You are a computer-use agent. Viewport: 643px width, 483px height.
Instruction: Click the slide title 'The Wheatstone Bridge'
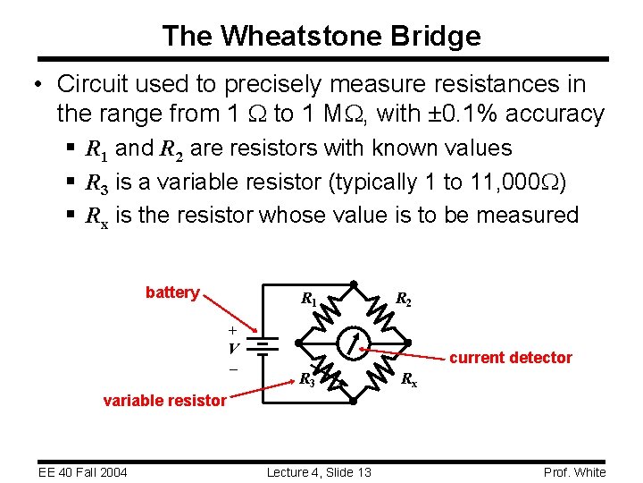321,36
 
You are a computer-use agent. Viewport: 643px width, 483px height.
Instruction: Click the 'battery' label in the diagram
172,292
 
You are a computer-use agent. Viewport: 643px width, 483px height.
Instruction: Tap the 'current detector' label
510,358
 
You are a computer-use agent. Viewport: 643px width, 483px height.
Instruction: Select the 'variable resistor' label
164,401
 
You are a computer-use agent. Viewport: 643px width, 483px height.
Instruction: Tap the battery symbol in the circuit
263,343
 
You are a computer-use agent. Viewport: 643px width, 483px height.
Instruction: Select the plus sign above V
232,330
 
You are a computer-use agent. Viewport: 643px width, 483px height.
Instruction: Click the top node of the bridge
354,284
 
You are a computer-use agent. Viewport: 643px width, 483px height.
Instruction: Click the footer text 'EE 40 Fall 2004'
83,472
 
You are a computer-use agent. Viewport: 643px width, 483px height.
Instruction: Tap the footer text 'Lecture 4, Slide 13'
320,472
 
